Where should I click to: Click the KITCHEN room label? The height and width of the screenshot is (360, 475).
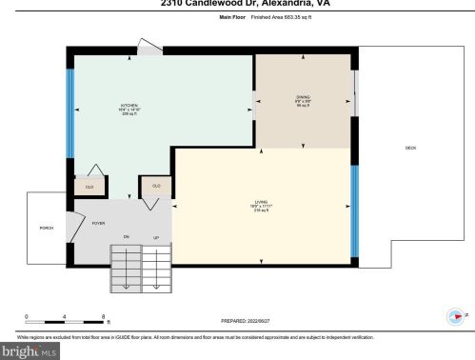[129, 105]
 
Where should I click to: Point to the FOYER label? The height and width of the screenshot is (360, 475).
[97, 221]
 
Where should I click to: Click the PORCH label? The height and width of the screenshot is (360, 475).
[46, 229]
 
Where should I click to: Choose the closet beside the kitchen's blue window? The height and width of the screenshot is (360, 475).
[89, 187]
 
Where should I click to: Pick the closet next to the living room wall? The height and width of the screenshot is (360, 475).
[155, 186]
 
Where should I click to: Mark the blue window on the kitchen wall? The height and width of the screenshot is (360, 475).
[69, 114]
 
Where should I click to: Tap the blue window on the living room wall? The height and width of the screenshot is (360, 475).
[355, 211]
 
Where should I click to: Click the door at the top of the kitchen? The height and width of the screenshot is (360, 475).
[148, 47]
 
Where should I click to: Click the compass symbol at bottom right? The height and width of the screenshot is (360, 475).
[454, 317]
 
